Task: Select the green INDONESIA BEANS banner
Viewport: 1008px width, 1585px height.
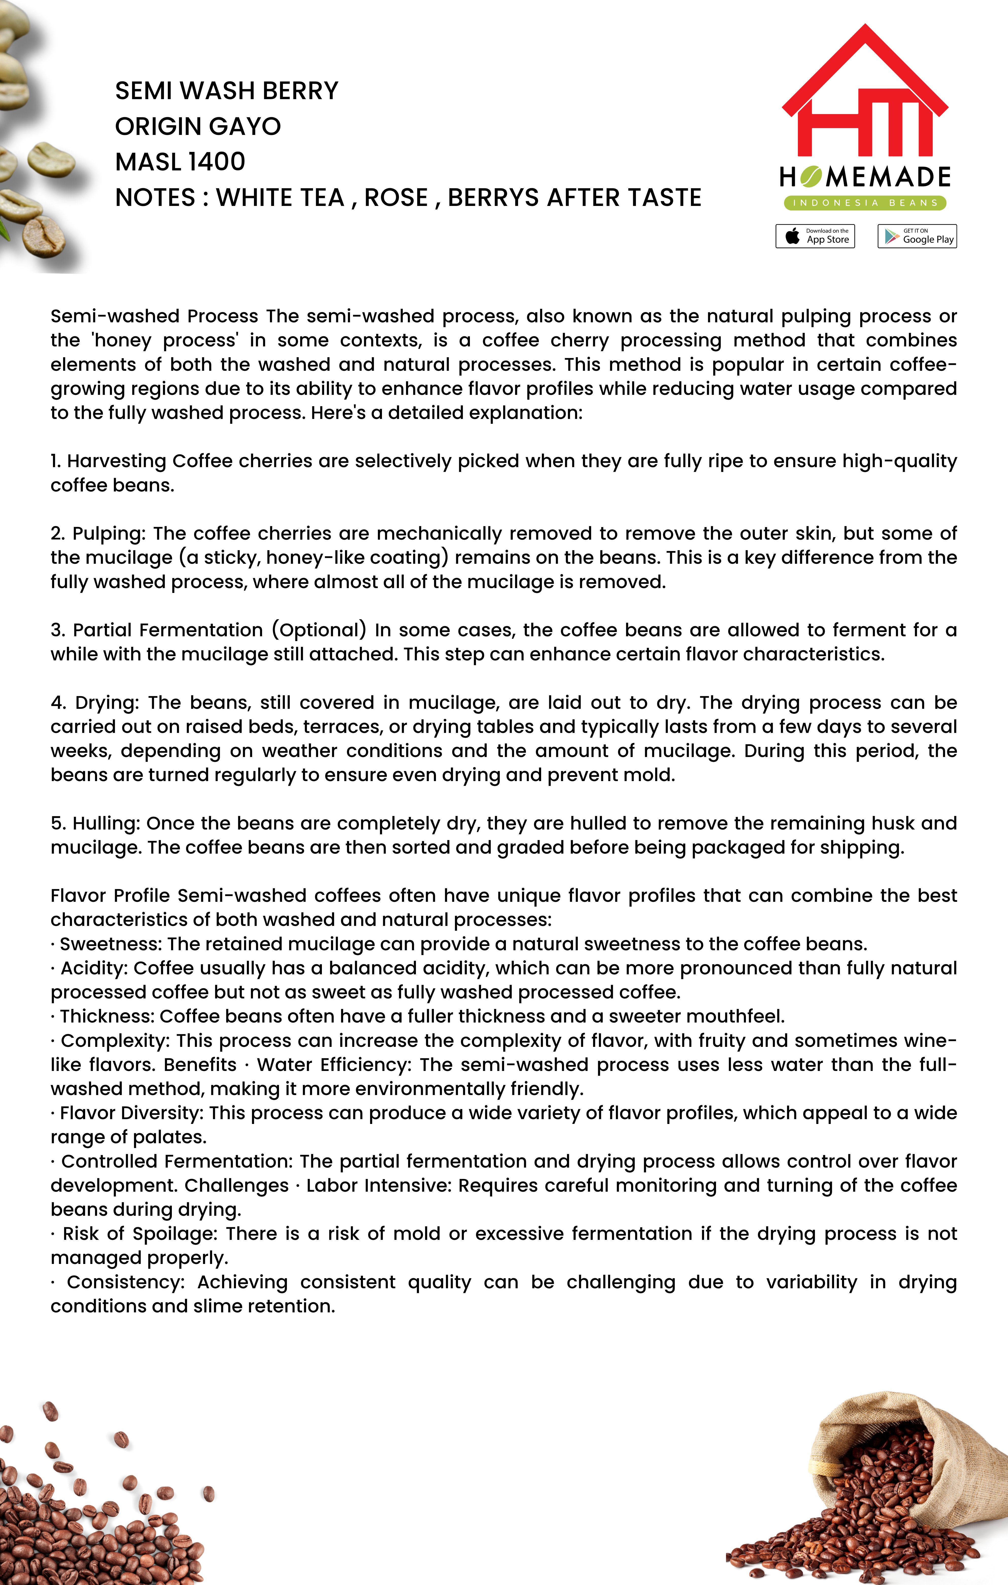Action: [865, 203]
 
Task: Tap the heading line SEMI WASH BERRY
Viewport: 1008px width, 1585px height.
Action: [226, 91]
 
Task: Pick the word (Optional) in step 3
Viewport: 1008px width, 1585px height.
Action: [319, 630]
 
